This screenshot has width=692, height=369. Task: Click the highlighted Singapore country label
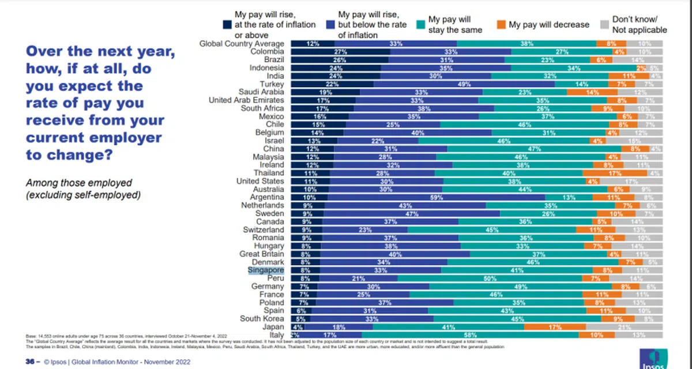tap(266, 269)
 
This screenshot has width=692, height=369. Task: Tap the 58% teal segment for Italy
tap(470, 335)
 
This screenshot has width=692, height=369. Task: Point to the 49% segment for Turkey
tap(464, 84)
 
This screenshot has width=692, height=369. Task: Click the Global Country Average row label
tap(242, 43)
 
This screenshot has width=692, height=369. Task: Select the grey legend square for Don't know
tap(603, 25)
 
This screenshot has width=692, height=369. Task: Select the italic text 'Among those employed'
tap(70, 183)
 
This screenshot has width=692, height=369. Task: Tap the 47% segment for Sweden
tap(412, 213)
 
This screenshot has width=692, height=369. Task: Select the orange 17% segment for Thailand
tap(615, 172)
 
